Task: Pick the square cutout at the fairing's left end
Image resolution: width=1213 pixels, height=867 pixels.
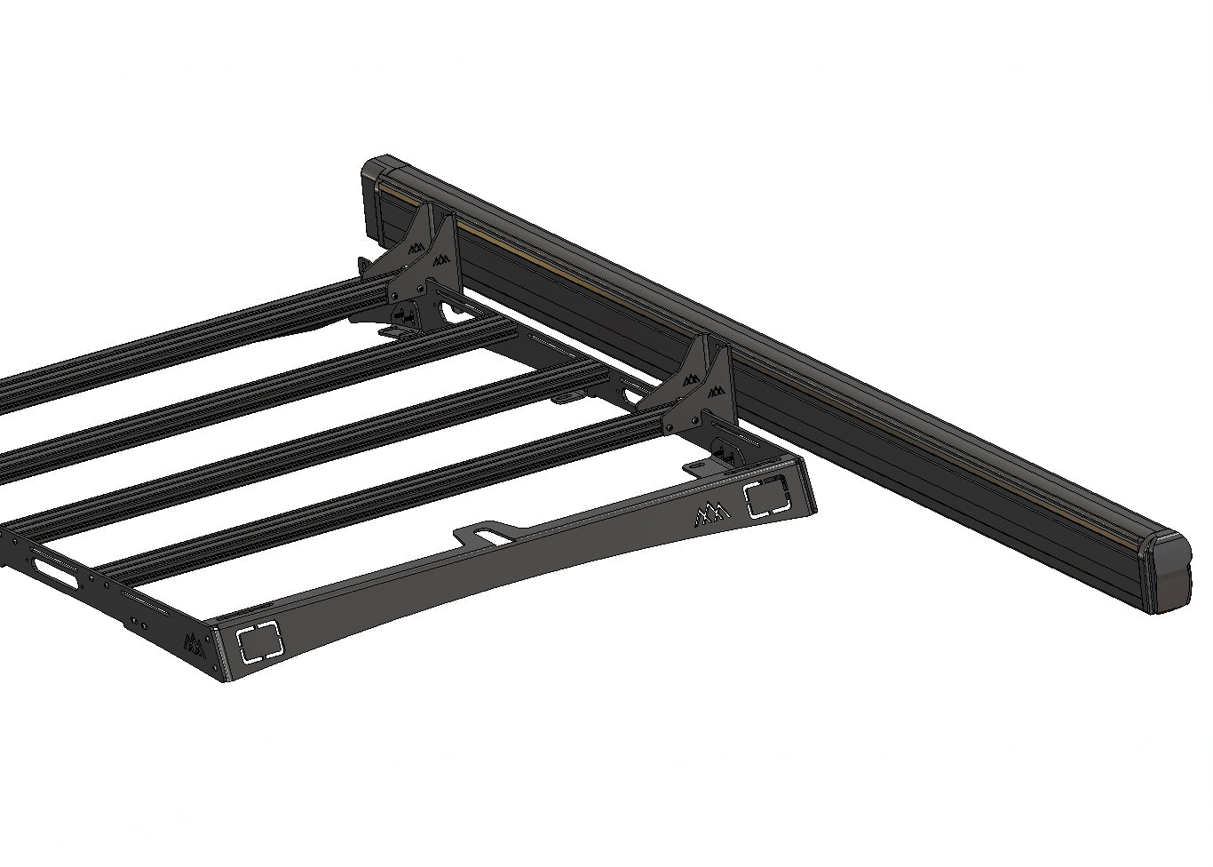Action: (x=258, y=641)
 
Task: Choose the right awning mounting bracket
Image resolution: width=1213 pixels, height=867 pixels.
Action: (x=702, y=391)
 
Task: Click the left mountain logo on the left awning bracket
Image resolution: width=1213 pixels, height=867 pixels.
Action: (x=415, y=247)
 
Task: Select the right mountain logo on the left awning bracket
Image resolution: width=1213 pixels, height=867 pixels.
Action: (x=439, y=261)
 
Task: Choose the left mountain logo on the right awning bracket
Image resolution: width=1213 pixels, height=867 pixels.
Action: (x=689, y=377)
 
